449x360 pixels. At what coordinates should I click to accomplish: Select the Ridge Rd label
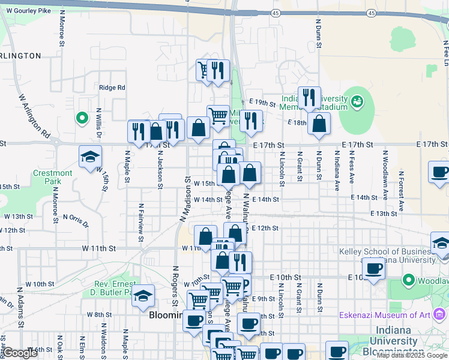pos(112,88)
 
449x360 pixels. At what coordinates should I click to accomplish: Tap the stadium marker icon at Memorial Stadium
pos(358,101)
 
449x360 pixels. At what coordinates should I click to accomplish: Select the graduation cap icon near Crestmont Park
pos(90,157)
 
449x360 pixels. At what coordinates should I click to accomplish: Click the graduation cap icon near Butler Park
pos(143,295)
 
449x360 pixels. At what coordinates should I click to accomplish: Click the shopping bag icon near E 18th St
pos(319,124)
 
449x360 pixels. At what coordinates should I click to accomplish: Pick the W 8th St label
pos(99,314)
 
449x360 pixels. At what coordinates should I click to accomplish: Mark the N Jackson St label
pos(160,169)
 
